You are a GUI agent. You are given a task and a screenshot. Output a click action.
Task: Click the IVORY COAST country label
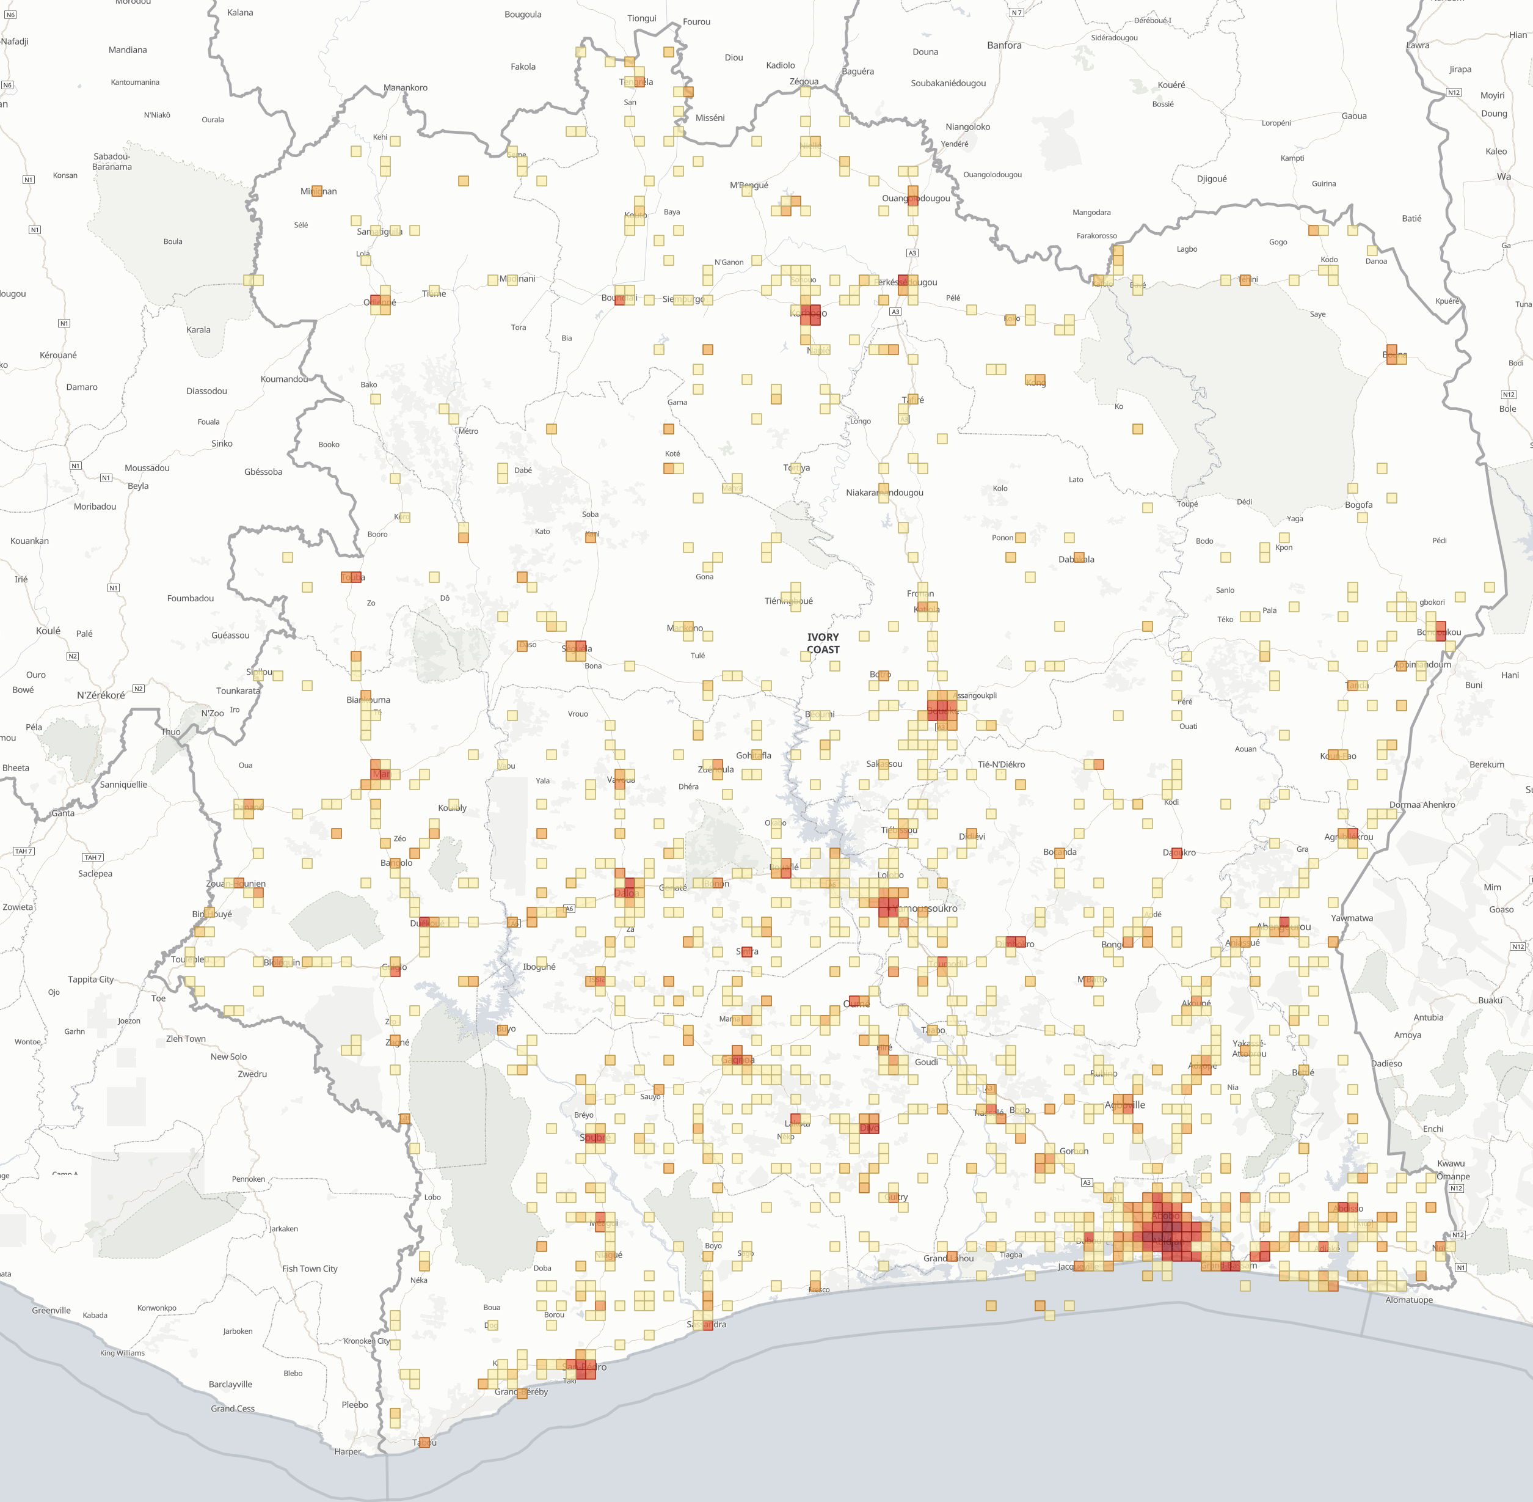click(823, 643)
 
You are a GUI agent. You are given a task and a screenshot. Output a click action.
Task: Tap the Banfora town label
click(1004, 46)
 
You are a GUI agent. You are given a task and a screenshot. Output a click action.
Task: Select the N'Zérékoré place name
click(100, 695)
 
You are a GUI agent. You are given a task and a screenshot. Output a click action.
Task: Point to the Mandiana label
click(128, 49)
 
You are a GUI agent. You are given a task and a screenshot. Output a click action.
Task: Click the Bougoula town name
click(523, 14)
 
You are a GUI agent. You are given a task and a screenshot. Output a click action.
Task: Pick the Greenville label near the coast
click(51, 1310)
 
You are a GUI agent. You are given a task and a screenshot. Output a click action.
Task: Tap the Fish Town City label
click(310, 1269)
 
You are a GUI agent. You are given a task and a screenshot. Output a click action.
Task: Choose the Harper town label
click(348, 1451)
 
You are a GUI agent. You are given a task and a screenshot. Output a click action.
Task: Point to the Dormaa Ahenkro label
click(1422, 805)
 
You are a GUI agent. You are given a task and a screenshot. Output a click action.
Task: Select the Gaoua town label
click(1354, 116)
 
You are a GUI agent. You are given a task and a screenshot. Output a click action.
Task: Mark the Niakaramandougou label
click(884, 493)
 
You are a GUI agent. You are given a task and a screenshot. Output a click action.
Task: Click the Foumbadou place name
click(190, 598)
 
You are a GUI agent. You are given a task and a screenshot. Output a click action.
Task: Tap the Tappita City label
click(90, 979)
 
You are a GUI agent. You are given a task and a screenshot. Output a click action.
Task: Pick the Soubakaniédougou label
click(948, 83)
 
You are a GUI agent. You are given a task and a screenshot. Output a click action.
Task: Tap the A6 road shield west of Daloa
click(569, 909)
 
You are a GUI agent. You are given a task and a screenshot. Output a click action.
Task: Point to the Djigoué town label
click(1211, 179)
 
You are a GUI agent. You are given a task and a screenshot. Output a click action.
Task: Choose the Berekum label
click(1487, 764)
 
